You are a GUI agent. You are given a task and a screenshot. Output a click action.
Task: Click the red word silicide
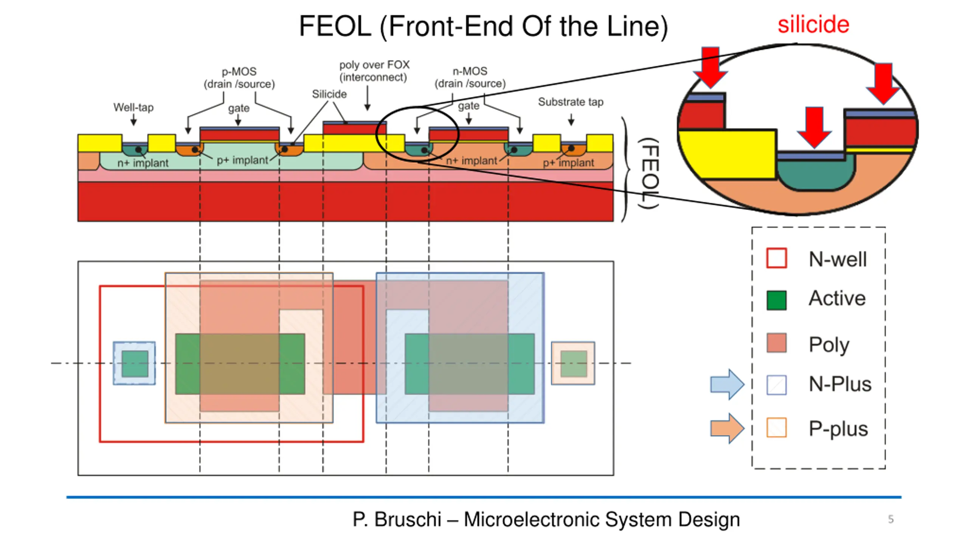click(x=813, y=25)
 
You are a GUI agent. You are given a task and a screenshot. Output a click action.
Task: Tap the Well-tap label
click(x=133, y=107)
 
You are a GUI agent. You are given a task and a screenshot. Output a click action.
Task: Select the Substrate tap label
click(x=571, y=102)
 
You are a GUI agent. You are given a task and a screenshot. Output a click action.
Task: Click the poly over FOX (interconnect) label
click(x=374, y=71)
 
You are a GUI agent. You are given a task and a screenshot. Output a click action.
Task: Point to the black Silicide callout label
click(x=329, y=94)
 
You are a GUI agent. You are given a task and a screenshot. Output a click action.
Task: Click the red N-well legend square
click(x=776, y=258)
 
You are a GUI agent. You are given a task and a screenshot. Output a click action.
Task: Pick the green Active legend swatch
click(x=776, y=300)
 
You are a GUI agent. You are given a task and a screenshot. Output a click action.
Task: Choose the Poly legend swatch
click(x=776, y=343)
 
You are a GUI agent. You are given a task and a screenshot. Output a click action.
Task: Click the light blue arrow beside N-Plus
click(x=727, y=384)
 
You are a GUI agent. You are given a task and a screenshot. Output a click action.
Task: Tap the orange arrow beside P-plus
click(x=727, y=428)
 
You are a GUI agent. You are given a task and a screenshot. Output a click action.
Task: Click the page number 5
click(x=891, y=519)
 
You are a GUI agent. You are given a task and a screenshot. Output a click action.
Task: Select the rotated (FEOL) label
click(x=649, y=173)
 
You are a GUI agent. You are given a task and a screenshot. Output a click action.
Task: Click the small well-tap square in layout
click(x=134, y=363)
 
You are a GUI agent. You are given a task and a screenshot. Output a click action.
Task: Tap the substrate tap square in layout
click(x=573, y=363)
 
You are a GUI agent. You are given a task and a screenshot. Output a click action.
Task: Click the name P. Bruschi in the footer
click(x=397, y=519)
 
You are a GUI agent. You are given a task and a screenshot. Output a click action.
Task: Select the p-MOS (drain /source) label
click(x=239, y=77)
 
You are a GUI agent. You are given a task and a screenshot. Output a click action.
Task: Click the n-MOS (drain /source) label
click(x=470, y=77)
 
